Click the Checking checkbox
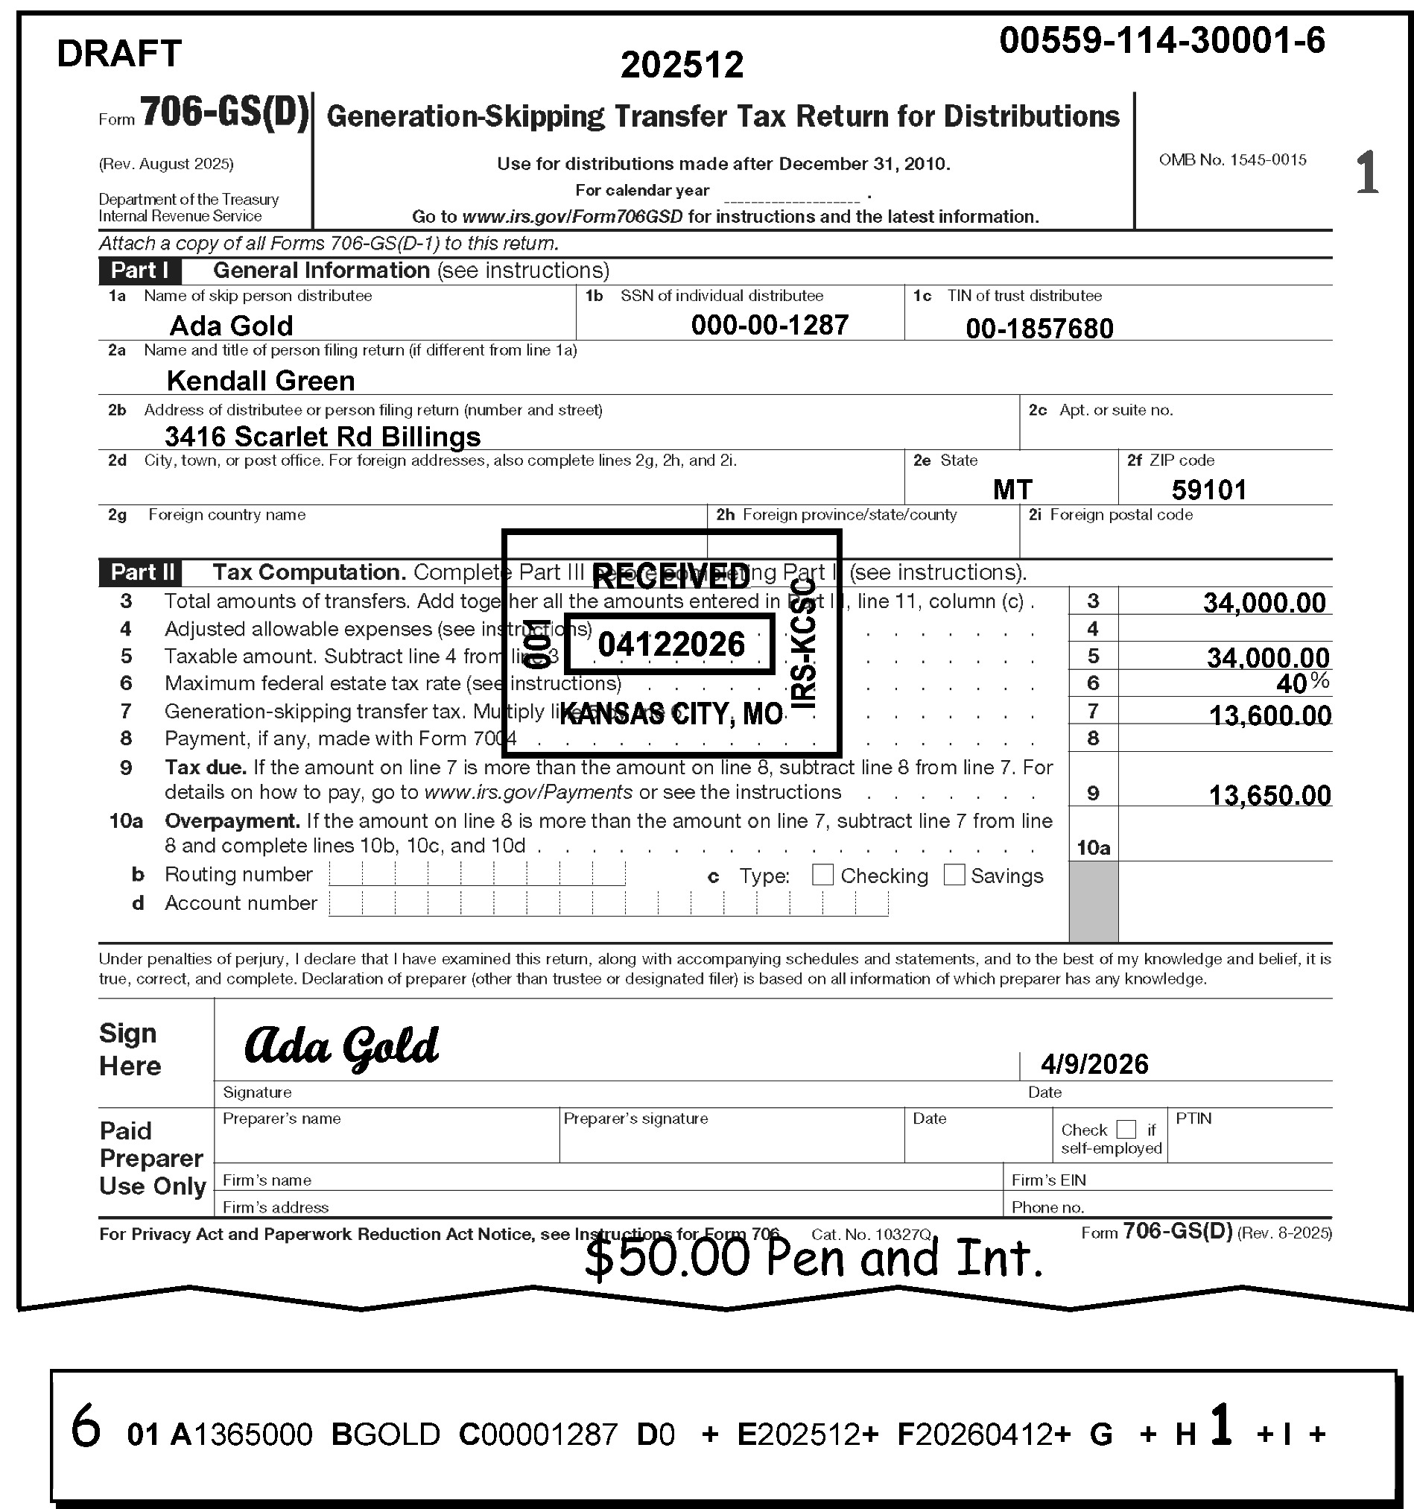click(x=822, y=875)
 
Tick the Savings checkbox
click(x=954, y=875)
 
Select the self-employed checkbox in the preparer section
click(x=1126, y=1130)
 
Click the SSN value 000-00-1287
click(x=769, y=326)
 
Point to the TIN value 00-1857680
click(x=1039, y=329)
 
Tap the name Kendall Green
click(x=260, y=380)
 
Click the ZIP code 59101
click(x=1208, y=490)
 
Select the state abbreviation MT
click(x=1012, y=490)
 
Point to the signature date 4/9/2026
click(x=1094, y=1064)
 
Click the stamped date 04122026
click(x=671, y=645)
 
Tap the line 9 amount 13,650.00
click(x=1269, y=794)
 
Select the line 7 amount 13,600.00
click(x=1269, y=715)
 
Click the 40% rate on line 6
click(x=1301, y=683)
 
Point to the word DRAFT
click(x=119, y=54)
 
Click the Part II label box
click(x=140, y=572)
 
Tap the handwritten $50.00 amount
click(x=666, y=1258)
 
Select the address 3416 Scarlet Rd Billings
click(x=323, y=437)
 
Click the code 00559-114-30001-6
click(x=1161, y=40)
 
